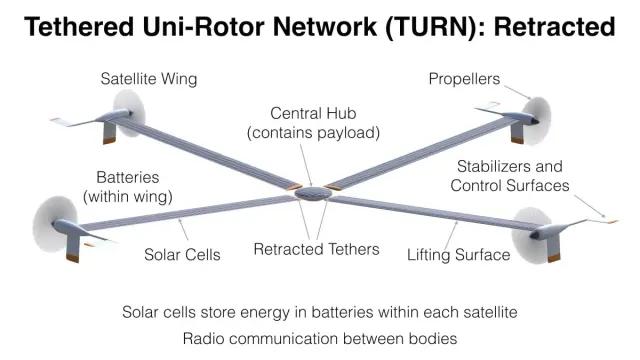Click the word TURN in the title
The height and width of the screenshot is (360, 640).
tap(432, 27)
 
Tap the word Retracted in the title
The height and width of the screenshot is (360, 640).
tap(554, 27)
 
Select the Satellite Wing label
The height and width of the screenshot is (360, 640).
tap(149, 79)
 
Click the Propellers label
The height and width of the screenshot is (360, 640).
tap(464, 79)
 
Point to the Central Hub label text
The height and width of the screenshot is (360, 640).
tap(313, 113)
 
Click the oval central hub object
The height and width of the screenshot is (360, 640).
tap(313, 193)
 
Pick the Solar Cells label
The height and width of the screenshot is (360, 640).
tap(182, 255)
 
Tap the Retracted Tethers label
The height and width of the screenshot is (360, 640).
tap(316, 249)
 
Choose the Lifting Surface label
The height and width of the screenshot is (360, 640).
tap(458, 255)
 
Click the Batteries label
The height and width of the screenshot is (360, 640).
tap(127, 178)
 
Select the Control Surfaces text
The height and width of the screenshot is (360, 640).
tap(510, 186)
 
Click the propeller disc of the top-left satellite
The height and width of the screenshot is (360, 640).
tap(129, 113)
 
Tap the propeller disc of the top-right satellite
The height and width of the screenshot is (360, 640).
tap(536, 121)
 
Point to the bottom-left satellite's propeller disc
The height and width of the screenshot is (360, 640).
tap(55, 224)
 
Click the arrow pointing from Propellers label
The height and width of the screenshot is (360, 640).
tap(518, 92)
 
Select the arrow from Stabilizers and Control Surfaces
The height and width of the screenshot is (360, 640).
tap(589, 206)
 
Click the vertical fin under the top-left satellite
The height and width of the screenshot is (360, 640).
tap(109, 132)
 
